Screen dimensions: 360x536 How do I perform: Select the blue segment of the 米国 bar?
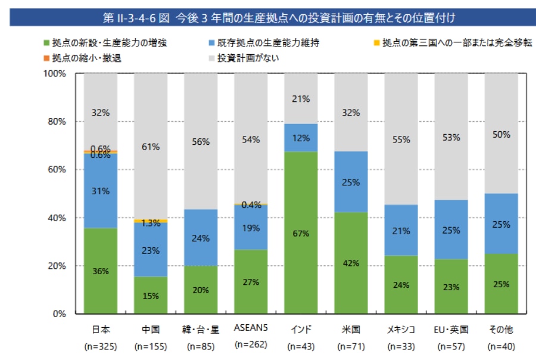[x=351, y=182]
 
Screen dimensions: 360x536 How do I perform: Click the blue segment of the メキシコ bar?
[x=401, y=230]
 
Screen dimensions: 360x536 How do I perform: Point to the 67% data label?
[x=301, y=233]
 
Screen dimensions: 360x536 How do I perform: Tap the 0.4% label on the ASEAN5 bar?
[x=251, y=205]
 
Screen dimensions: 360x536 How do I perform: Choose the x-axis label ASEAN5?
[x=251, y=329]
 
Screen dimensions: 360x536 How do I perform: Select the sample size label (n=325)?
[x=101, y=346]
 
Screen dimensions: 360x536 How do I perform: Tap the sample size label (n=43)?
[x=301, y=346]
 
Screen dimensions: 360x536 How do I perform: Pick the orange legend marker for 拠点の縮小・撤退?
[x=46, y=58]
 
